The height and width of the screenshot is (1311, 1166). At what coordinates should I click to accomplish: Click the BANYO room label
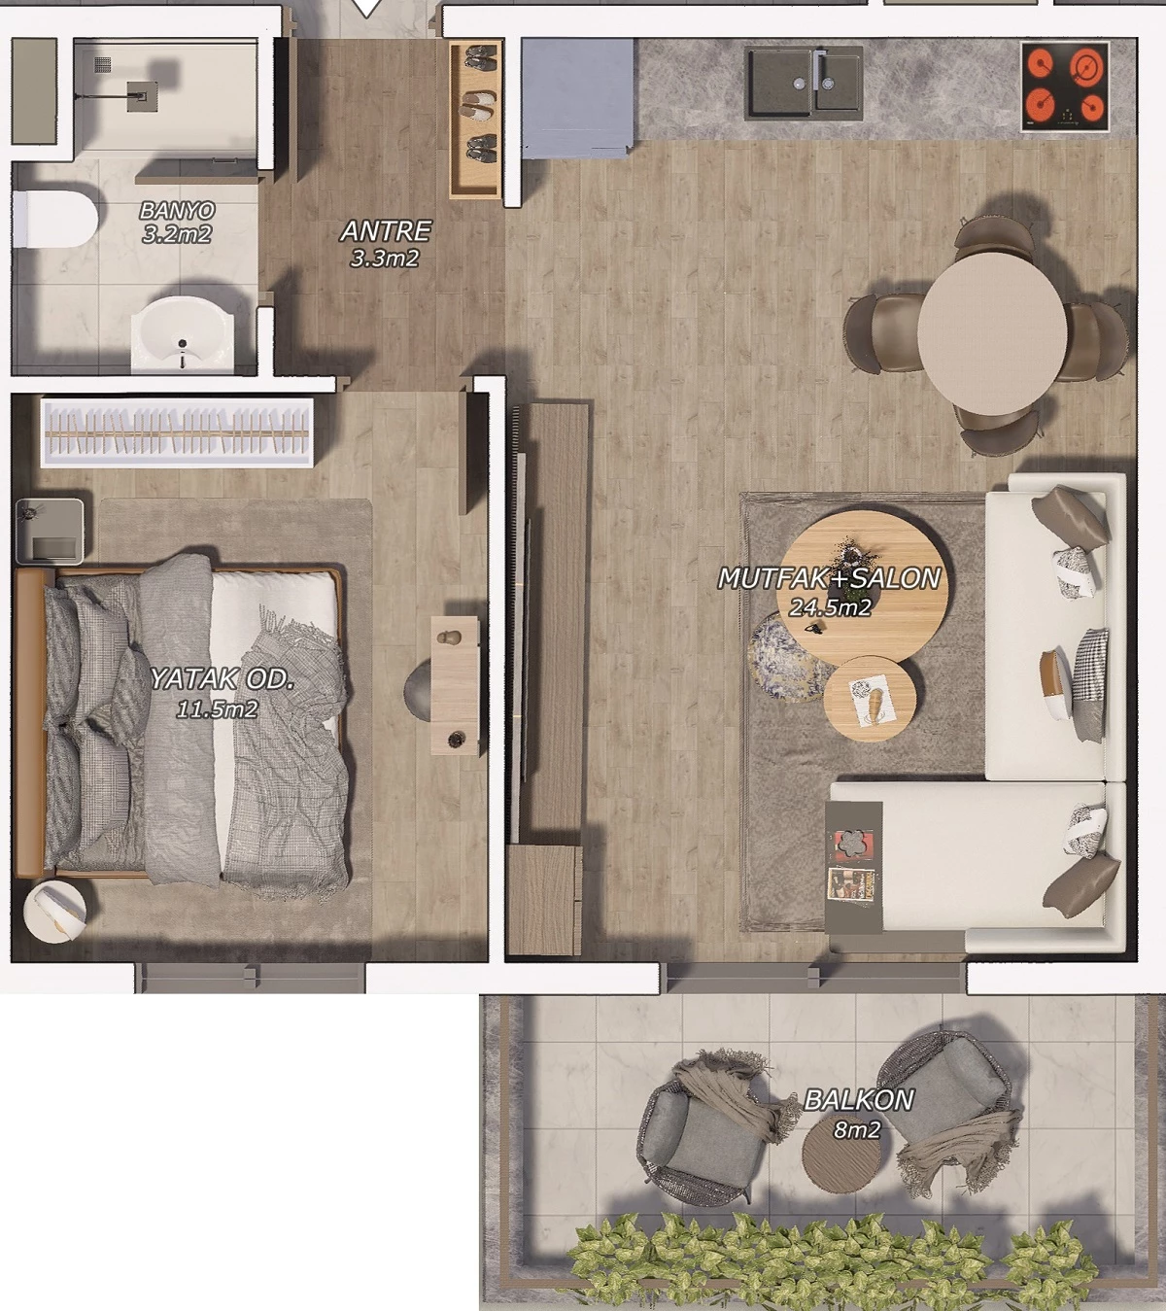[177, 210]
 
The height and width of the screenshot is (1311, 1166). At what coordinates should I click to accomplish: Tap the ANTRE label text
[386, 231]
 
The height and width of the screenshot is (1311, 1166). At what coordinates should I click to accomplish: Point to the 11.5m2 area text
[217, 709]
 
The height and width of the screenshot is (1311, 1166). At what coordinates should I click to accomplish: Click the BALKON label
[859, 1100]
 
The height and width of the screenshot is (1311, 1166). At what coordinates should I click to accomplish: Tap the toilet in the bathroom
[54, 220]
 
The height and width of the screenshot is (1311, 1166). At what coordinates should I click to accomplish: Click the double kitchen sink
[806, 83]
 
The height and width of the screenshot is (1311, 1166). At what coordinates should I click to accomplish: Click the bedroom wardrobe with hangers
[177, 432]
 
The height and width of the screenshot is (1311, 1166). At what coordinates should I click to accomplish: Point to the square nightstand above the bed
[51, 531]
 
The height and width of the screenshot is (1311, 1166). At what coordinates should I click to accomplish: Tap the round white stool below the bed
[54, 912]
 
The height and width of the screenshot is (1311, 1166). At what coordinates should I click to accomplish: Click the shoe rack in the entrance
[476, 120]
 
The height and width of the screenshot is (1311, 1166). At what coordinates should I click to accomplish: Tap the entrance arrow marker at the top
[366, 8]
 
